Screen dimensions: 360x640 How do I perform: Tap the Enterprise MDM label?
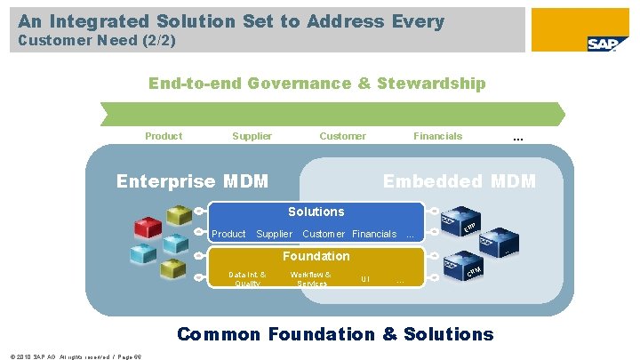192,181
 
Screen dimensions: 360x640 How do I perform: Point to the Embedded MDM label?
459,181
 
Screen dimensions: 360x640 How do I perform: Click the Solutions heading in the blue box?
316,212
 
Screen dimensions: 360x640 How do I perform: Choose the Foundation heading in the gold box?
316,256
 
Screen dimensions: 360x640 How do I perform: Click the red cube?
147,228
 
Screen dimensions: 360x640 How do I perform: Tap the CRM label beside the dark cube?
475,270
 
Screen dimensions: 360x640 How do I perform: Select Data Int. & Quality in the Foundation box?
246,279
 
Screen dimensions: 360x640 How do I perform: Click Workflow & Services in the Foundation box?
311,279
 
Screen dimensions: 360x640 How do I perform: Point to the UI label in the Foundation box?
364,280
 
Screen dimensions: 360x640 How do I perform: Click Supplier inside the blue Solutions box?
274,234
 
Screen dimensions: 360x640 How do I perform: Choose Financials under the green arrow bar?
437,136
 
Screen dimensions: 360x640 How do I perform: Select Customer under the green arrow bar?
342,136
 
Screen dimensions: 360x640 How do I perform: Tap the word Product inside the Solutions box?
228,234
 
